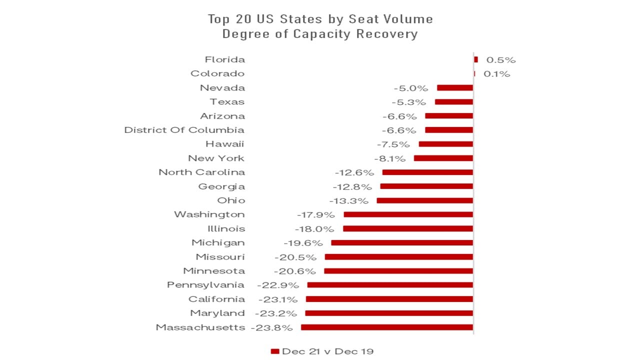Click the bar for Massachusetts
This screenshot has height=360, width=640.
tap(386, 327)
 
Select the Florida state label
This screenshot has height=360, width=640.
tap(225, 59)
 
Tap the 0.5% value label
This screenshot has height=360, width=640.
tap(500, 60)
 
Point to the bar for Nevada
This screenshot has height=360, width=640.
tap(454, 87)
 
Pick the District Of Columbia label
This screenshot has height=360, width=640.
tap(184, 130)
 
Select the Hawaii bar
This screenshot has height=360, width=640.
tap(445, 144)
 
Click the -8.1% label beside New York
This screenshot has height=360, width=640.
tap(389, 158)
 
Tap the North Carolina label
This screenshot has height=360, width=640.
tap(202, 172)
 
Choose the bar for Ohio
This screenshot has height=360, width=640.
tap(424, 200)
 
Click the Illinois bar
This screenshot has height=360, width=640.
tap(407, 228)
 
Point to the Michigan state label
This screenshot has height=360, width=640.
tap(218, 242)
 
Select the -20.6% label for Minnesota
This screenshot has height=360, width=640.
tap(295, 271)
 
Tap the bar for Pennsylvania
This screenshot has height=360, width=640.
tap(390, 285)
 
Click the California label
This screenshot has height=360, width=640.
tap(216, 299)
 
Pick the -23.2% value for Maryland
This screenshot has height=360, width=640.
tap(276, 313)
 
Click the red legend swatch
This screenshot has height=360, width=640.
tap(274, 351)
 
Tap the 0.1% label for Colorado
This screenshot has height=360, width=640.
tap(497, 74)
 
